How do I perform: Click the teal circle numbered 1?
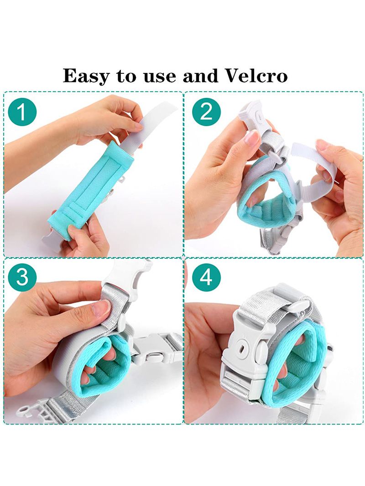click(x=22, y=112)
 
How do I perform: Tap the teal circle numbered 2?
click(x=206, y=112)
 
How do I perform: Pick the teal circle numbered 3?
click(x=22, y=277)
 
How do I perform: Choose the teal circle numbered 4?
click(x=206, y=277)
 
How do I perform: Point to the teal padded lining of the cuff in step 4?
click(x=295, y=366)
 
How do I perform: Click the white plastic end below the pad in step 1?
click(x=55, y=237)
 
